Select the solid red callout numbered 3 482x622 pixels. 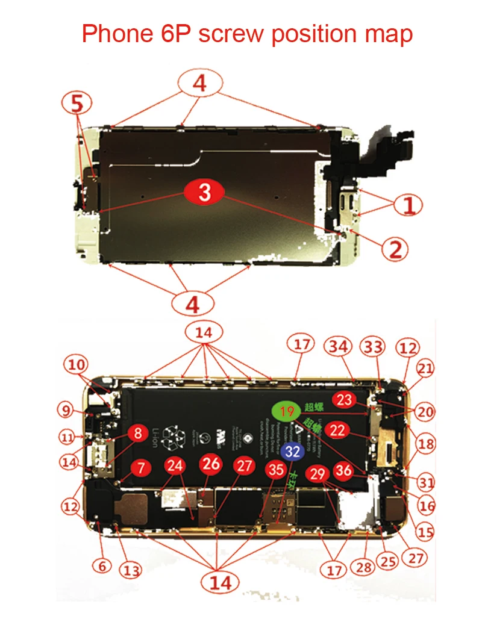coord(205,193)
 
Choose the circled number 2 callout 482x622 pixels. coord(395,248)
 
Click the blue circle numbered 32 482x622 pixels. coord(293,450)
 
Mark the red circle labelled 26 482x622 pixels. coord(211,464)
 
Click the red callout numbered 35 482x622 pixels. coord(277,469)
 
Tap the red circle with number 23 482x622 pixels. coord(345,400)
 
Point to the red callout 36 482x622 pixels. coord(344,470)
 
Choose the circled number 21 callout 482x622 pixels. coord(426,368)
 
